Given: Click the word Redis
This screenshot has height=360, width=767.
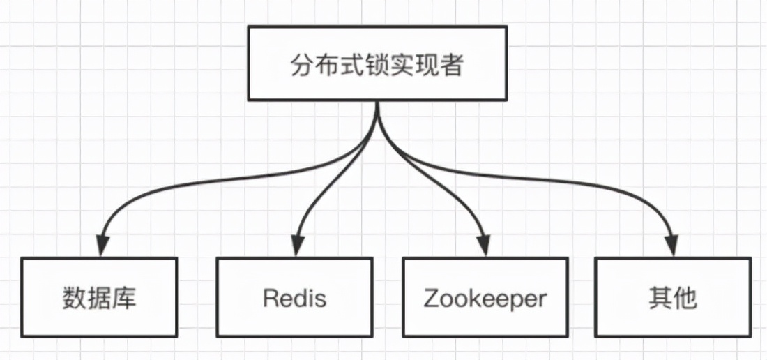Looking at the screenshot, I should [294, 299].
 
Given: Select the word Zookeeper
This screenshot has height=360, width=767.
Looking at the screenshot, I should [485, 299].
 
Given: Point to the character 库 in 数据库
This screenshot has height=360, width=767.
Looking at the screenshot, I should [125, 299].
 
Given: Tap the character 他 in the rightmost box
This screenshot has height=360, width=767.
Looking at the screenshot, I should [686, 299].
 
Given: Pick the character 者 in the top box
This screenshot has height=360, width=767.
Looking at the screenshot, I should [453, 67].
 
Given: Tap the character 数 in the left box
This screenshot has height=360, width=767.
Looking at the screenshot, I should [74, 299].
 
